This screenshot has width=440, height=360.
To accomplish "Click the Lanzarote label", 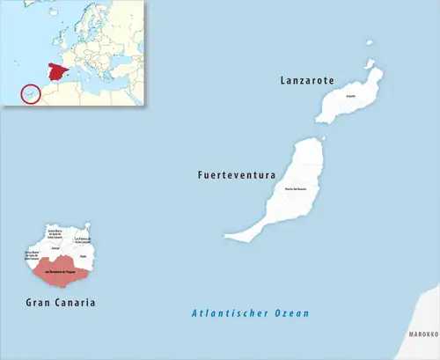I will coord(307,80).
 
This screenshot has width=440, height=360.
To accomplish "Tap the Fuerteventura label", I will coord(237,175).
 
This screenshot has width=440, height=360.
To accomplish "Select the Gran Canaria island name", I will coord(61,303).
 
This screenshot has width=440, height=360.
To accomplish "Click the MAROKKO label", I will coord(422,335).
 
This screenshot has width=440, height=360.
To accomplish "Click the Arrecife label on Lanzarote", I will coord(350,95).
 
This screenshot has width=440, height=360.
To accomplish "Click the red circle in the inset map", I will coord(30,92).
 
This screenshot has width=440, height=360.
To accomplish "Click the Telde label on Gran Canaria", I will coord(83,256).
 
